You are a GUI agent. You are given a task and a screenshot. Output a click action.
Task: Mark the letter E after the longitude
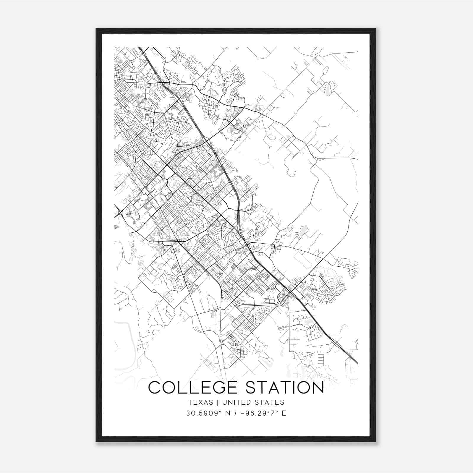284,413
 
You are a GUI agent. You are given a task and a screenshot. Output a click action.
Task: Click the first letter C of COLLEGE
155,388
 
